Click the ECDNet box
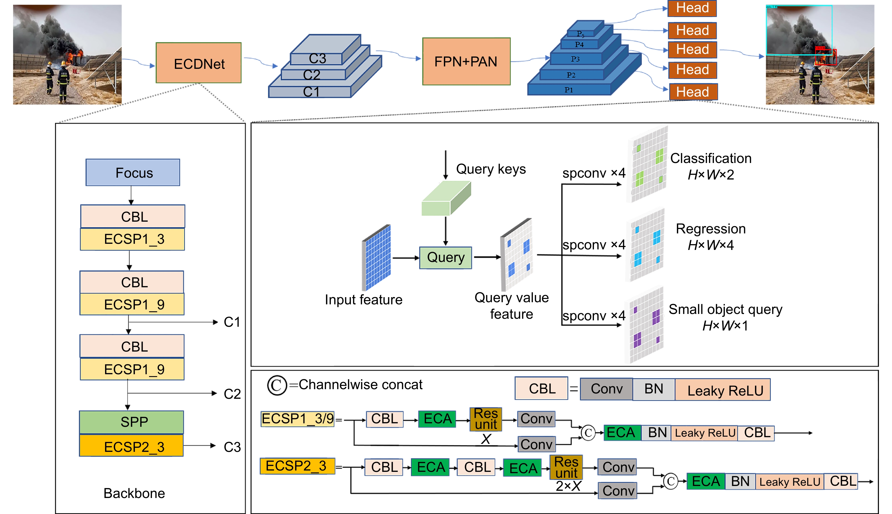point(199,63)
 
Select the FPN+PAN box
point(466,61)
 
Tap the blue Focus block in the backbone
point(133,173)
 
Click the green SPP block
point(131,422)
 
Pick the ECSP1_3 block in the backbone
point(132,239)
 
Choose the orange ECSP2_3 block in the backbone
point(131,447)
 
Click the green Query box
point(445,258)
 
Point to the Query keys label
point(491,169)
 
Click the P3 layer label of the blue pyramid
point(575,59)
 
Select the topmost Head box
point(692,8)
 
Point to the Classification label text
point(711,158)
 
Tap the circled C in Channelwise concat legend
point(277,385)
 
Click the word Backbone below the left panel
point(134,493)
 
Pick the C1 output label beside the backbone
point(232,322)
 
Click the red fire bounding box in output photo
point(825,57)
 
